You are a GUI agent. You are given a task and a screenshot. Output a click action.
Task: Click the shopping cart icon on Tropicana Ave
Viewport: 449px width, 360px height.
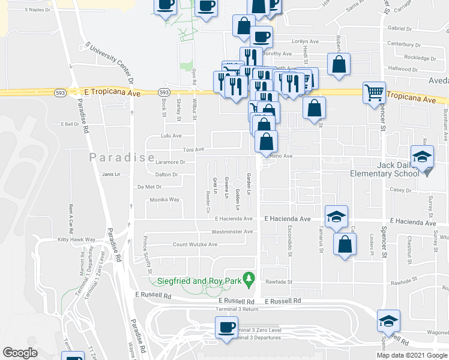point(375,93)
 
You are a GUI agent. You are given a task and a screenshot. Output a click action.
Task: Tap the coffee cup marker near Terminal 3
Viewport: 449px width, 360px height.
point(226,328)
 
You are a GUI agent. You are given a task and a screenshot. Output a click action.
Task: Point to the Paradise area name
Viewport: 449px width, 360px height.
point(122,158)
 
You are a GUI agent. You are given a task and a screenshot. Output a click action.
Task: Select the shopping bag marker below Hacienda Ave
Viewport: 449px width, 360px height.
point(345,244)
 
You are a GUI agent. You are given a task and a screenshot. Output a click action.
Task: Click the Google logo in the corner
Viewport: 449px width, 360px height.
point(20,353)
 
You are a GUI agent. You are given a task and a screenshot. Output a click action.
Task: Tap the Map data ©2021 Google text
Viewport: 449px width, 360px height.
point(411,355)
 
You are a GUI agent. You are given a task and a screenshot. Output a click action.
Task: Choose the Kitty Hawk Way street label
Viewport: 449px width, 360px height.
point(77,239)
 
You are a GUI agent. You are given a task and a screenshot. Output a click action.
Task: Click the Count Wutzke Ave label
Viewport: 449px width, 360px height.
point(195,245)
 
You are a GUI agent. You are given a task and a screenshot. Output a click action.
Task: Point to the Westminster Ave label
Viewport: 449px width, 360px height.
point(232,232)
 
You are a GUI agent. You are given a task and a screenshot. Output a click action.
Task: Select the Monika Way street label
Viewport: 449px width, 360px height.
point(164,199)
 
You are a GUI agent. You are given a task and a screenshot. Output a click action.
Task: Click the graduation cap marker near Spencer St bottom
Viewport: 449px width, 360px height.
point(388,321)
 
